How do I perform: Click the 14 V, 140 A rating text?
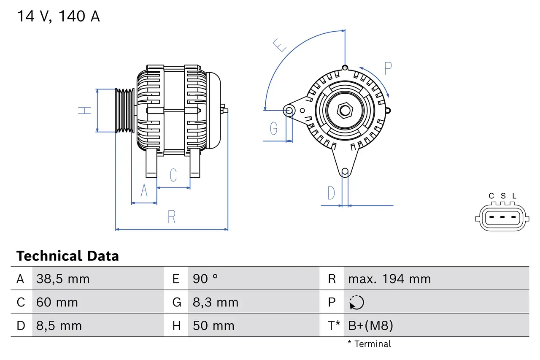point(58,16)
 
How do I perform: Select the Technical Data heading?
point(67,256)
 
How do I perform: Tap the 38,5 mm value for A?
point(63,279)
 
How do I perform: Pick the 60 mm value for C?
point(57,303)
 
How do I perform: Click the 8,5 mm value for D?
point(59,326)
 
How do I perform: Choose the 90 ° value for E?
point(205,279)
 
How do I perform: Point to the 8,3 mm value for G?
point(216,303)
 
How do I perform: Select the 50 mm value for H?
point(213,326)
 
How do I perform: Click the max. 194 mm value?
point(389,279)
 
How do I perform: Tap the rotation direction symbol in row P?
point(356,303)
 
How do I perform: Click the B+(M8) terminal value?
point(370,326)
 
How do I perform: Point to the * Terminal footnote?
point(370,344)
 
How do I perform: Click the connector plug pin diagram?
point(502,218)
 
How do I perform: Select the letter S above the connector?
point(503,196)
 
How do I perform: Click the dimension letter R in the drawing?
point(171,217)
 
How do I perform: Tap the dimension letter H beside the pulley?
point(85,111)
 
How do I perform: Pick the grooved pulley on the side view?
point(125,111)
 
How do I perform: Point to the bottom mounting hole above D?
point(345,171)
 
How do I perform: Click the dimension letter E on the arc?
point(280,45)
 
